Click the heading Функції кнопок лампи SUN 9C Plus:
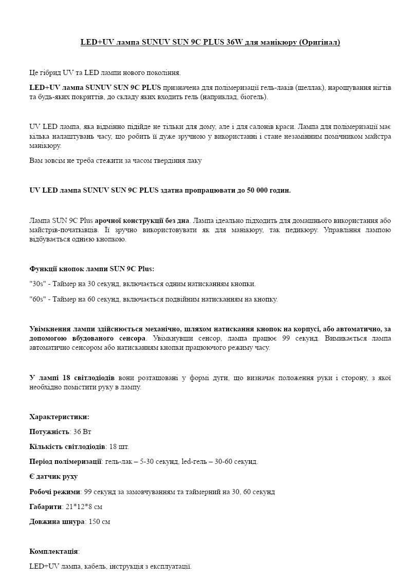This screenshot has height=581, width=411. coord(92,269)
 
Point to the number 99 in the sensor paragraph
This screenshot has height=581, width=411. coord(287,338)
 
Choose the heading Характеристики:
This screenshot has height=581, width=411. coord(60,417)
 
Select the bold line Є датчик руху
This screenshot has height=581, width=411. coord(54,476)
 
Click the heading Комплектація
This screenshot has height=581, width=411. coord(54,551)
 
